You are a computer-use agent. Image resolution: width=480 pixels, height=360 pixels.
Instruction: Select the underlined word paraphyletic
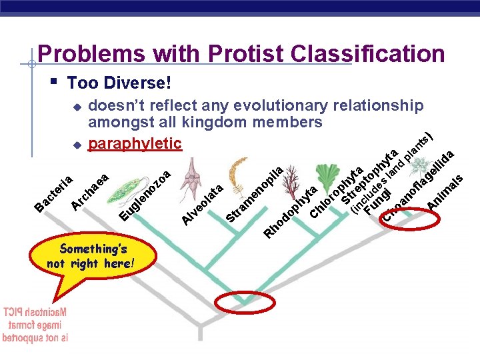[135, 143]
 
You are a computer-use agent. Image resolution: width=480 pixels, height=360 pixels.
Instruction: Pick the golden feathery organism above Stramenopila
[237, 175]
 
